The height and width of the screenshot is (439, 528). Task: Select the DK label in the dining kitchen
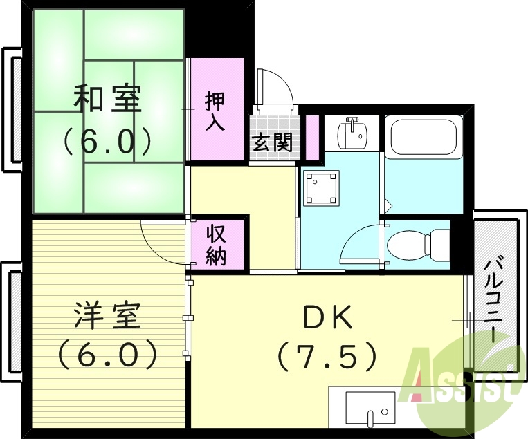click(x=327, y=317)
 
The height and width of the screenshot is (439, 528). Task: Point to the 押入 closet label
click(x=215, y=111)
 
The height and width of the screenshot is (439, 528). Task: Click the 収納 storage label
click(x=217, y=245)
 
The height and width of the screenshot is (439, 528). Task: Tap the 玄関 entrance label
click(x=272, y=143)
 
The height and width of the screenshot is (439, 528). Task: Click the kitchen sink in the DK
click(x=370, y=408)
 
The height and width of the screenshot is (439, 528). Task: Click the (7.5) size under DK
click(x=327, y=357)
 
